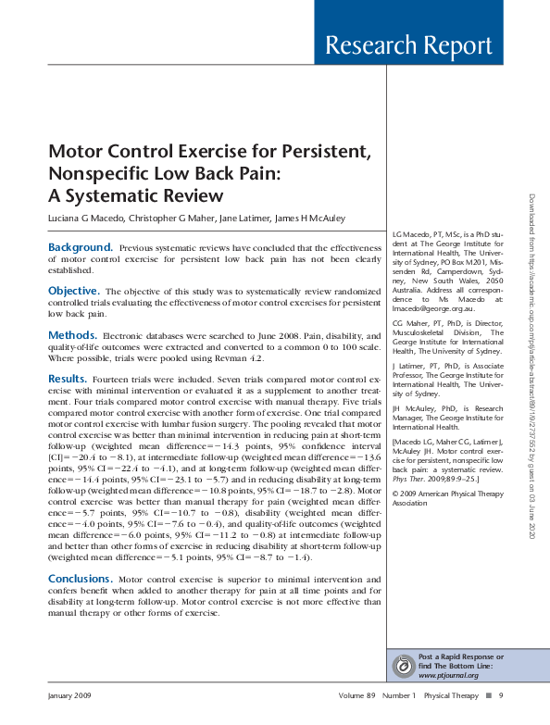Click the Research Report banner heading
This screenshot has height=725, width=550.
[408, 45]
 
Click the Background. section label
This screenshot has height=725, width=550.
[81, 247]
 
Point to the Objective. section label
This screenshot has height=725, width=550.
[73, 291]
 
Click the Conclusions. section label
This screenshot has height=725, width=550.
[81, 578]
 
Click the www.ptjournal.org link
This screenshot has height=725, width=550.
[444, 675]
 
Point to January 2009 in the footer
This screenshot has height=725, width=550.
[71, 695]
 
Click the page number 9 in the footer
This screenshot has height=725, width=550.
[501, 695]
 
